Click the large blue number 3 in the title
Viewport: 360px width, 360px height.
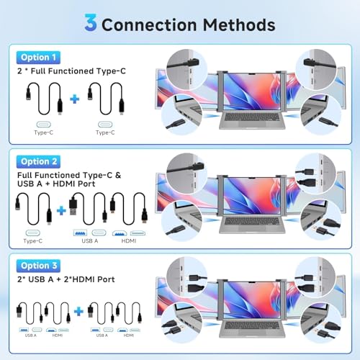(x=91, y=22)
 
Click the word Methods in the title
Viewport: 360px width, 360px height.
(x=239, y=24)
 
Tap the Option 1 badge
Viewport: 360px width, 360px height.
(x=38, y=58)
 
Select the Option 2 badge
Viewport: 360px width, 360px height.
(x=38, y=162)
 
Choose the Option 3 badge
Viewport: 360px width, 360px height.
(x=38, y=266)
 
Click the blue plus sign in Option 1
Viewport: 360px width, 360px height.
(x=75, y=99)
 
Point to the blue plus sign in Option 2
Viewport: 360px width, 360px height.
(x=61, y=210)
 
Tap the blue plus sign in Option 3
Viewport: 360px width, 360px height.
(x=78, y=312)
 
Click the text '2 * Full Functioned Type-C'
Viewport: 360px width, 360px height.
(x=71, y=71)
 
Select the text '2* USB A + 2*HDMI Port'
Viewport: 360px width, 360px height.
(x=66, y=279)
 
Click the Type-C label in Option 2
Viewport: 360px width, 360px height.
(x=33, y=240)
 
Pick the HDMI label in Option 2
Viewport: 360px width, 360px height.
(x=129, y=240)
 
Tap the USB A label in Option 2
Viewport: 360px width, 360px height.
(x=90, y=240)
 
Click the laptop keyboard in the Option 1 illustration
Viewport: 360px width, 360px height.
(x=252, y=117)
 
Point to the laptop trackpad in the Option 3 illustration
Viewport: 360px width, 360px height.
(x=252, y=333)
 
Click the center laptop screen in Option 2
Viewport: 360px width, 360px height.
(x=252, y=196)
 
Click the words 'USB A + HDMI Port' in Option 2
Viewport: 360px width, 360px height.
(x=56, y=184)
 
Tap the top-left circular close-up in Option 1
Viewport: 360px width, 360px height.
(x=187, y=69)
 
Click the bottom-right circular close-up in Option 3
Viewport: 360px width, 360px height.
(x=320, y=323)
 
